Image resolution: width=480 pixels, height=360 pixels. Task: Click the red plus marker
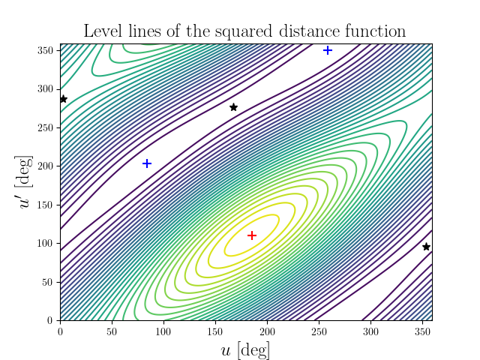click(252, 235)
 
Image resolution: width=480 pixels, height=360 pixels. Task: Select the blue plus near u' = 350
click(328, 50)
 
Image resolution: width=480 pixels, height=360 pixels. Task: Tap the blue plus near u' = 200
click(147, 163)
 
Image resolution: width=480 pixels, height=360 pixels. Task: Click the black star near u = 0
click(64, 99)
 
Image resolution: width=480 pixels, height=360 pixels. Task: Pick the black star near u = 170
click(233, 107)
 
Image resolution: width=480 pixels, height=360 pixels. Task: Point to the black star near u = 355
click(426, 247)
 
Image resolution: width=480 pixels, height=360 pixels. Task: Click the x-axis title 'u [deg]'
click(245, 349)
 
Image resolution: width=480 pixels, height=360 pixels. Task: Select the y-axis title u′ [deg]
click(25, 181)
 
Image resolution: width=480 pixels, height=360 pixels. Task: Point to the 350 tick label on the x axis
click(421, 330)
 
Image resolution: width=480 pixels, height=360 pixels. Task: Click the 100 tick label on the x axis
click(163, 330)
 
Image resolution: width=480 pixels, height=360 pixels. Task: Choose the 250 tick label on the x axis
click(318, 330)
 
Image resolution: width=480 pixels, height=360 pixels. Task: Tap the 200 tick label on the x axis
click(266, 330)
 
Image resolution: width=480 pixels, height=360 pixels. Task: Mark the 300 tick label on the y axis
click(46, 88)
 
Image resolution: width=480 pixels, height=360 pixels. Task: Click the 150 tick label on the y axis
click(46, 205)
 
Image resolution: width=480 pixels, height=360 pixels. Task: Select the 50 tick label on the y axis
click(49, 282)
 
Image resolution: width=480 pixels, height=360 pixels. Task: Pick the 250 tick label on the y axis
click(46, 127)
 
